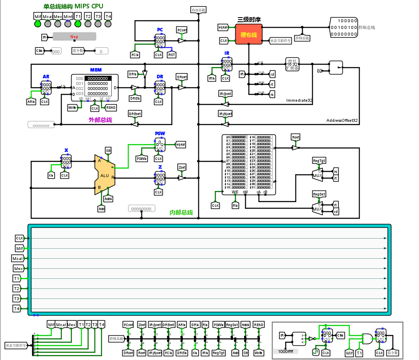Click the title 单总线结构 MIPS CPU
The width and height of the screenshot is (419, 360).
tap(73, 6)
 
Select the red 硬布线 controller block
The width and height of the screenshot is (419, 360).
tap(248, 33)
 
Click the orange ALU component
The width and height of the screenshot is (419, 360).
tap(104, 175)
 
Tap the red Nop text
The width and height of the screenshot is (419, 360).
tap(74, 37)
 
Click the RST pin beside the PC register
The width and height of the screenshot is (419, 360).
tap(172, 55)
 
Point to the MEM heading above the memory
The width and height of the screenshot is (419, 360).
tap(96, 69)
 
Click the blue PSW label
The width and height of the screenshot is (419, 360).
tap(160, 134)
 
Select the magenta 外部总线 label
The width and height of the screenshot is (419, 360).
tap(100, 120)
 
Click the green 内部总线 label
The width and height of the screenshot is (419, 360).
tap(181, 213)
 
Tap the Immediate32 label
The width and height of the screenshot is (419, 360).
tap(299, 100)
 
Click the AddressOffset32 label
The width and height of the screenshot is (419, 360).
tap(342, 121)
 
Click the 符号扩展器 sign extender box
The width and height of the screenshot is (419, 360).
tap(292, 64)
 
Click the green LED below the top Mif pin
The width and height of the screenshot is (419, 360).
tap(38, 24)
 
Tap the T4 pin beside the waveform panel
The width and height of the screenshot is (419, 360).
tap(17, 309)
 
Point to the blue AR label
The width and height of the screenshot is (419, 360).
tap(46, 77)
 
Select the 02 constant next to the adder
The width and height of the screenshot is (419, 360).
tap(320, 71)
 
